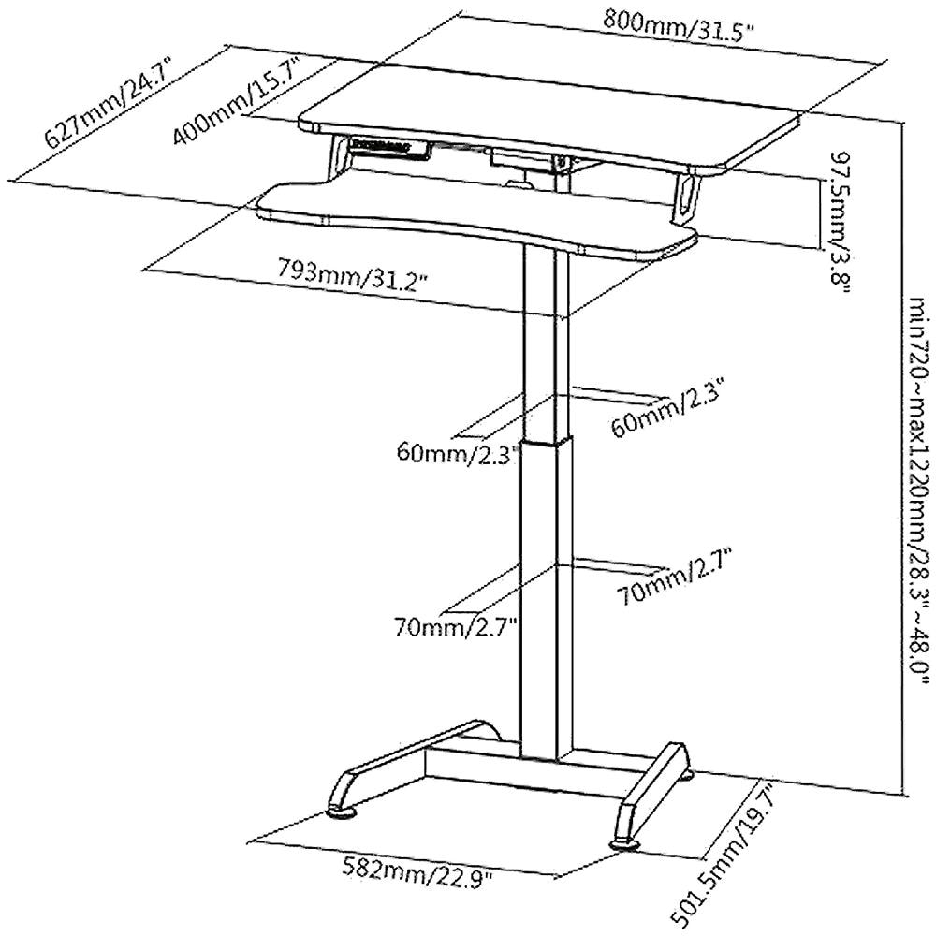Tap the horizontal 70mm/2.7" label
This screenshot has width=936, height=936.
point(458,623)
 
